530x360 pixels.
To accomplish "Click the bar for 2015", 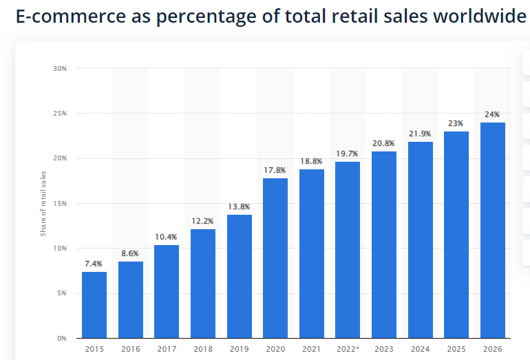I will tap(94, 305).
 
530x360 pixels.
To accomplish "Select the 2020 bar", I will tap(275, 258).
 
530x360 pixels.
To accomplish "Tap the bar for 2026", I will tap(493, 231).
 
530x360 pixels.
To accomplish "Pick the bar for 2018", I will tap(203, 284).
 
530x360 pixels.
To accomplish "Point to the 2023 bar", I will tap(384, 244).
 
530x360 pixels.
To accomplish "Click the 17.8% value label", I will tap(275, 170).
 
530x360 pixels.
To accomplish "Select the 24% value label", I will tap(492, 114).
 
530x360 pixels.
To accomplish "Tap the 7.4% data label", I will tap(94, 264).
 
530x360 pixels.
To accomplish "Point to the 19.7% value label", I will tap(348, 153).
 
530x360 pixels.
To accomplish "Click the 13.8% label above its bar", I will tap(239, 207).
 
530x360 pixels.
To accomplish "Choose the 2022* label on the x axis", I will tap(348, 349).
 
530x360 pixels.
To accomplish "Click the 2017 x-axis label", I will tap(167, 349).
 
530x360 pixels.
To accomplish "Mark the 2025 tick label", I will tap(456, 349).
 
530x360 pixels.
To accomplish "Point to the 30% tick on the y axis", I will tap(59, 69).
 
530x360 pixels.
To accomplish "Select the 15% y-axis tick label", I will tap(59, 204).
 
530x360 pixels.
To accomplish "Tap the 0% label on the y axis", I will tap(61, 339).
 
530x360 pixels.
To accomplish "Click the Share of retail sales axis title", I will tap(43, 204).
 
